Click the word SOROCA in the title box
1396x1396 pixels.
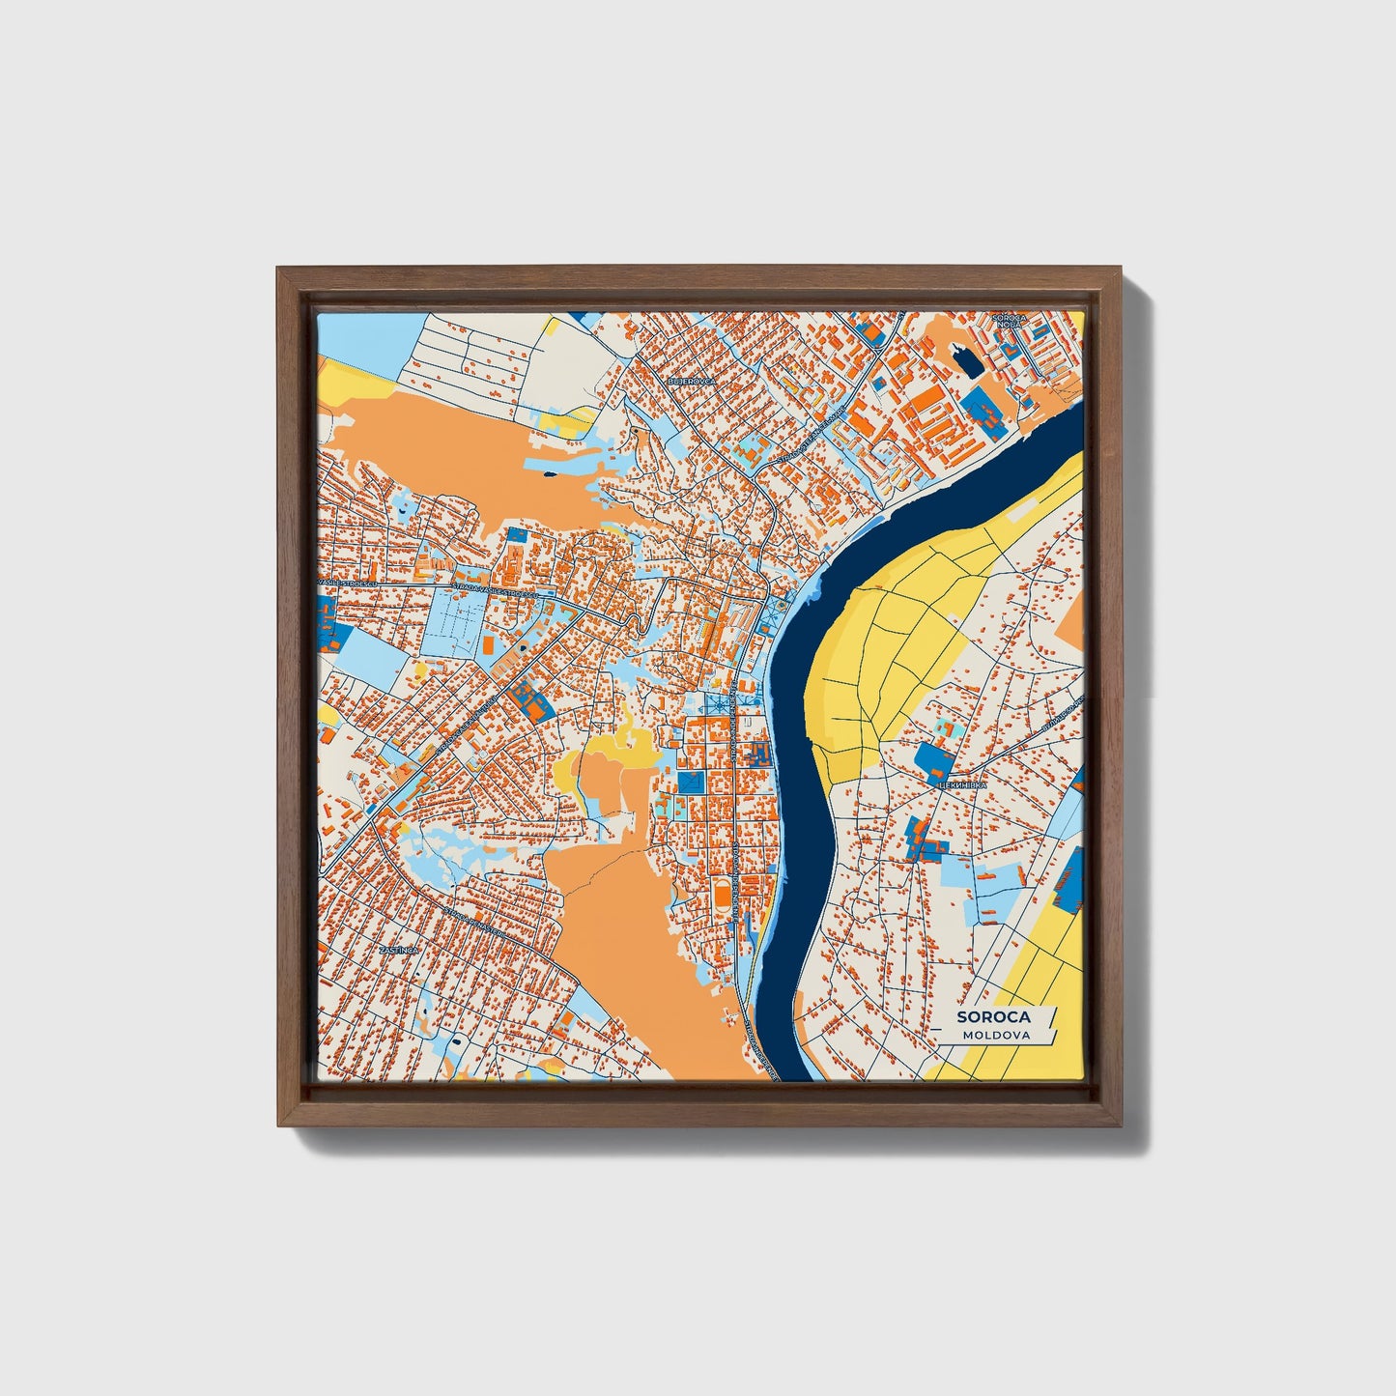click(x=993, y=1016)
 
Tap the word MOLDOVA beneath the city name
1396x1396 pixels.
click(x=995, y=1035)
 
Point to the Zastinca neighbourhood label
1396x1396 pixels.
click(x=398, y=950)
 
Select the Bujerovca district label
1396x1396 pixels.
click(x=693, y=382)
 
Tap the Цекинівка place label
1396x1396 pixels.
click(x=961, y=785)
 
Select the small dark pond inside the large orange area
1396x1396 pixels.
click(x=548, y=473)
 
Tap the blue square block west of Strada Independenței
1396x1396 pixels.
click(x=691, y=783)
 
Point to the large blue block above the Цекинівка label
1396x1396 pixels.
click(x=934, y=762)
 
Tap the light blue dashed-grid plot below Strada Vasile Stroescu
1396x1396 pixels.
click(x=453, y=618)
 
